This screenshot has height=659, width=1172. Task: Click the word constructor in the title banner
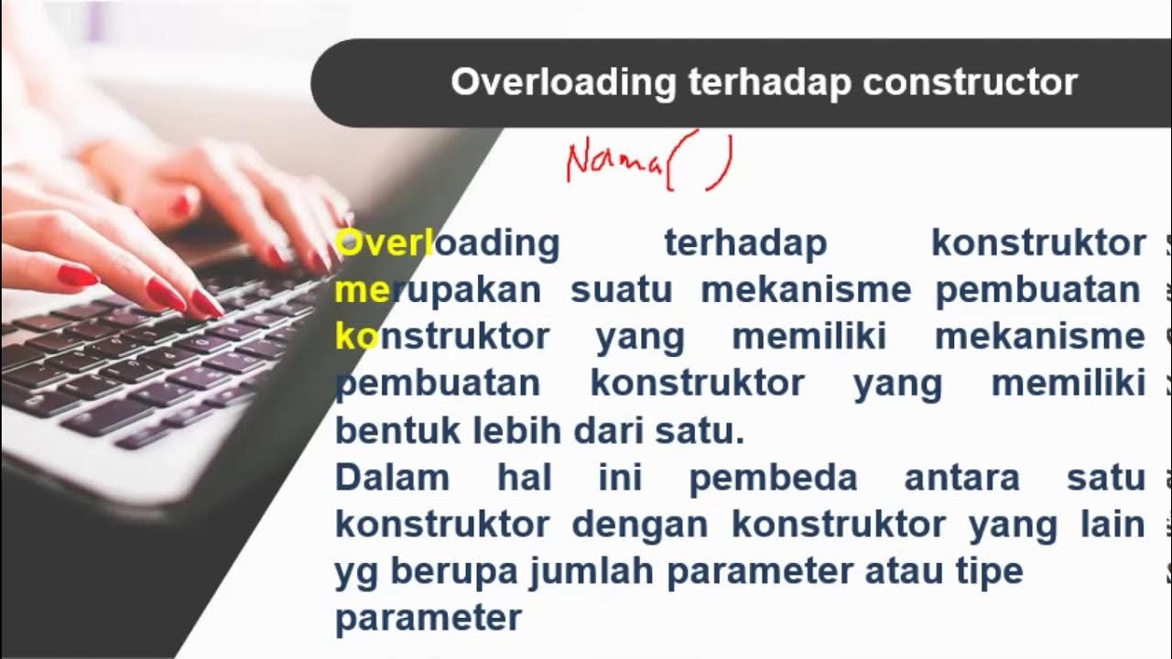[970, 82]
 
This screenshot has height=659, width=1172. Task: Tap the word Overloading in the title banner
[563, 82]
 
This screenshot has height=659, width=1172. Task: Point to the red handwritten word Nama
[613, 162]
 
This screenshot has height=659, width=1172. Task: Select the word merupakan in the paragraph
[439, 290]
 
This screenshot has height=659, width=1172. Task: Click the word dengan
[639, 524]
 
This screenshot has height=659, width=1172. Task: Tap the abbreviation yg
[357, 572]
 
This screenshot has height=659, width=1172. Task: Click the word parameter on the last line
[428, 619]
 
